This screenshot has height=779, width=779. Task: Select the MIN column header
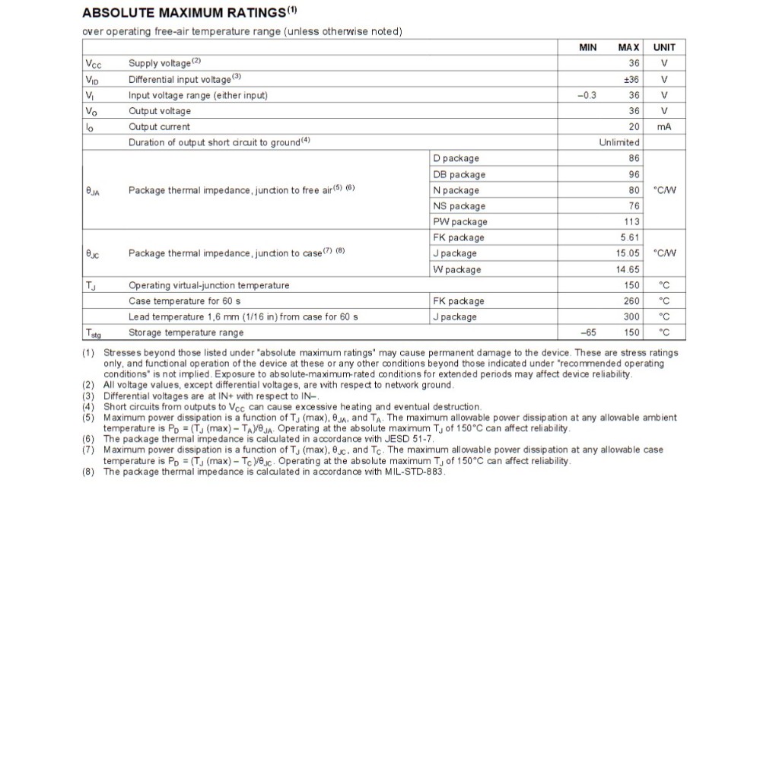[x=588, y=47]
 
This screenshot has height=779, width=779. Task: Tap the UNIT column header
[x=664, y=47]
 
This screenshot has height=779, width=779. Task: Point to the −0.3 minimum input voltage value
[x=587, y=95]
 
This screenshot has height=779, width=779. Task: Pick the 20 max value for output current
[x=634, y=127]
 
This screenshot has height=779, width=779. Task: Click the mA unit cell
[x=664, y=127]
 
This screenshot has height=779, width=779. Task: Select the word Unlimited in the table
[x=619, y=143]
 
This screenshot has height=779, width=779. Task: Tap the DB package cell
[x=459, y=174]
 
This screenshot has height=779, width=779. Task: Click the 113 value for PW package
[x=631, y=222]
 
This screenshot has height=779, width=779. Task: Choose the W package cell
[x=456, y=269]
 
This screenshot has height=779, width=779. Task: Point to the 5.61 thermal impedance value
[x=630, y=238]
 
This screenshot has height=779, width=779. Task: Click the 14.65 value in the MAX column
[x=628, y=269]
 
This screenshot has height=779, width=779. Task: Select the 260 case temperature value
[x=631, y=301]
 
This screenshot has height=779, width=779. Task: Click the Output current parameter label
[x=159, y=127]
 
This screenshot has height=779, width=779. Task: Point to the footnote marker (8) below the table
[x=88, y=472]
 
